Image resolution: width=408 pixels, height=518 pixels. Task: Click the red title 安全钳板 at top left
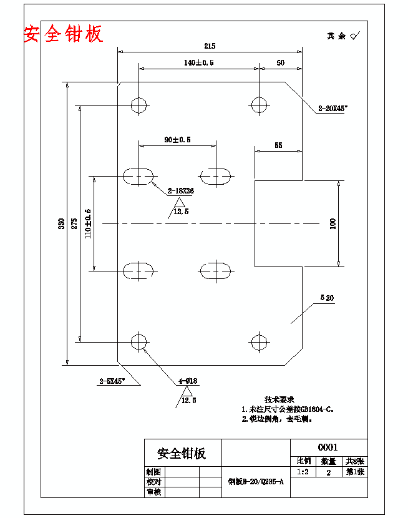pos(63,34)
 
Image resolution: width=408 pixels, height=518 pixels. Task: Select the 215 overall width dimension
pos(209,46)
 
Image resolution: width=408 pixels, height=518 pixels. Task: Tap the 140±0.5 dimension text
pos(199,63)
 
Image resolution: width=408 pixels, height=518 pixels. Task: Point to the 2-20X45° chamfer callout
pos(332,109)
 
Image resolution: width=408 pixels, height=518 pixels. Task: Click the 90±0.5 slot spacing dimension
pos(177,140)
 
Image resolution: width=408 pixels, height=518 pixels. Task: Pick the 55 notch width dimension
pos(278,145)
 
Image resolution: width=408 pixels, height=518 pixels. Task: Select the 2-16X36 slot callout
pos(180,192)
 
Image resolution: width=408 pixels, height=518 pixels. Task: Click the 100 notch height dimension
pos(333,223)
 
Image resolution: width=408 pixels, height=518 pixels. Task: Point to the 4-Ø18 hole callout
pos(188,381)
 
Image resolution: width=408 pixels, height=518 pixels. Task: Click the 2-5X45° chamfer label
pos(112,380)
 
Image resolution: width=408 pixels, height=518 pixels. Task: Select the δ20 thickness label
pos(326,298)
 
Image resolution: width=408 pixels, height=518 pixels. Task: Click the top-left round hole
pos(138,104)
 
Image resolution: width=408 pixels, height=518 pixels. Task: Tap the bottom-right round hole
pos(258,341)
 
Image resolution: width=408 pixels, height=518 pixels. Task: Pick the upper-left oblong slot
pos(138,175)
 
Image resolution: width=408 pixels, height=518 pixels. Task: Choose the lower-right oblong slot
pos(215,270)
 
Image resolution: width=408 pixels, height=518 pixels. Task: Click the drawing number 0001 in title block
pos(328,447)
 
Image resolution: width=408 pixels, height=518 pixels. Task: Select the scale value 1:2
pos(304,472)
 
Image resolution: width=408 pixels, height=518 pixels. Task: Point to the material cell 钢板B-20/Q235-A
pos(256,482)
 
